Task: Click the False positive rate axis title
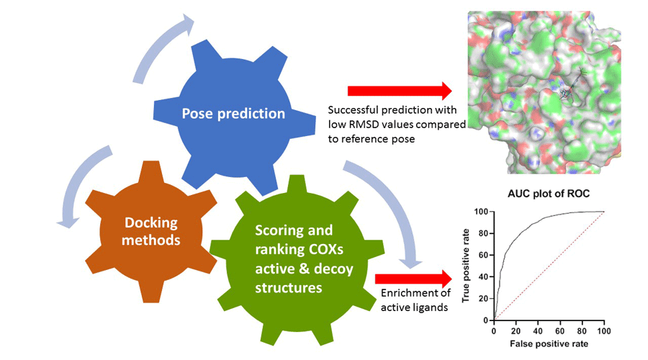point(549,344)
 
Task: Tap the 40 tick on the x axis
point(538,330)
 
